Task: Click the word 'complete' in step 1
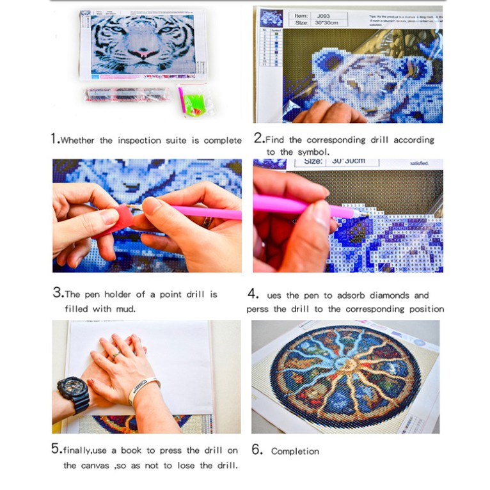223,141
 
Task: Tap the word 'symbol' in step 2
312,152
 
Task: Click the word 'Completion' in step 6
295,451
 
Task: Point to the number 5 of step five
56,449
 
